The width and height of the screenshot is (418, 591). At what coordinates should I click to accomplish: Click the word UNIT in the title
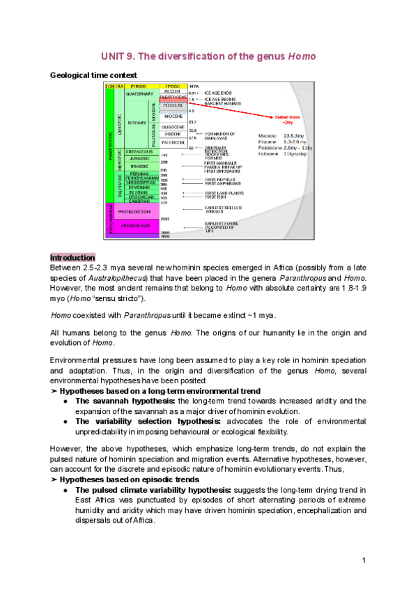pyautogui.click(x=113, y=56)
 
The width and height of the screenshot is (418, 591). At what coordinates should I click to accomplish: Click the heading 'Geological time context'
pyautogui.click(x=93, y=75)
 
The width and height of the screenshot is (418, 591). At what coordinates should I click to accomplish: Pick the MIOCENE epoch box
pyautogui.click(x=171, y=116)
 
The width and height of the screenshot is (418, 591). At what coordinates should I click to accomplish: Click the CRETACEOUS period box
pyautogui.click(x=139, y=152)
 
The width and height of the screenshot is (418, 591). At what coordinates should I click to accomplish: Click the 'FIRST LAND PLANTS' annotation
pyautogui.click(x=224, y=192)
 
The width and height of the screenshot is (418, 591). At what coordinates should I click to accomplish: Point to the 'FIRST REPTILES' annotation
pyautogui.click(x=222, y=178)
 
